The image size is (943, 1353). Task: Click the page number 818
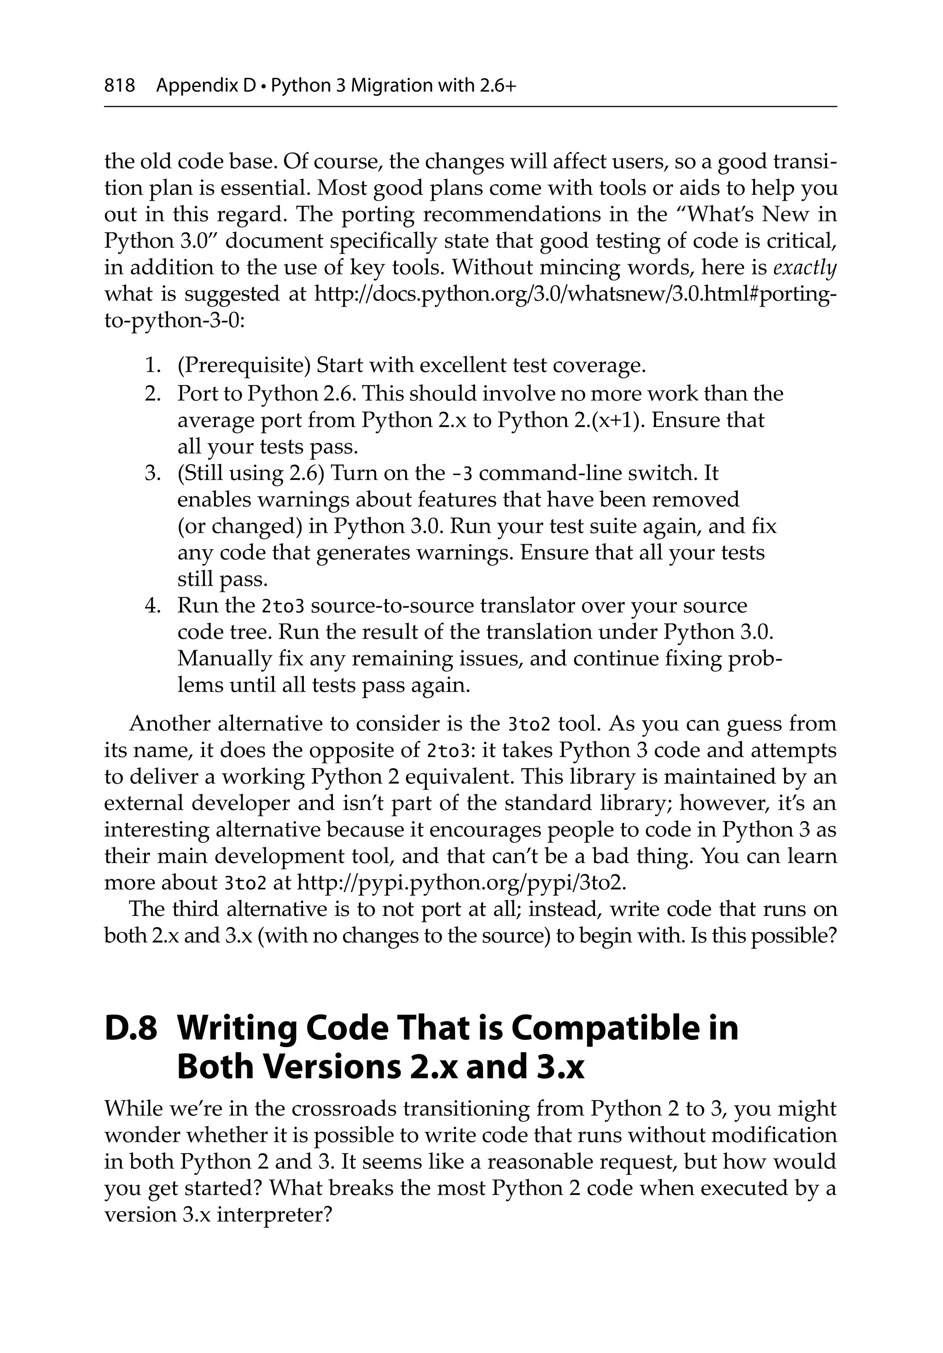(120, 86)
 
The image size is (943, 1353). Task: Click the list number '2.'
(153, 393)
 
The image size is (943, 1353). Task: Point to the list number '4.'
(153, 606)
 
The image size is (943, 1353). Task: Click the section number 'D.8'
(131, 1029)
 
